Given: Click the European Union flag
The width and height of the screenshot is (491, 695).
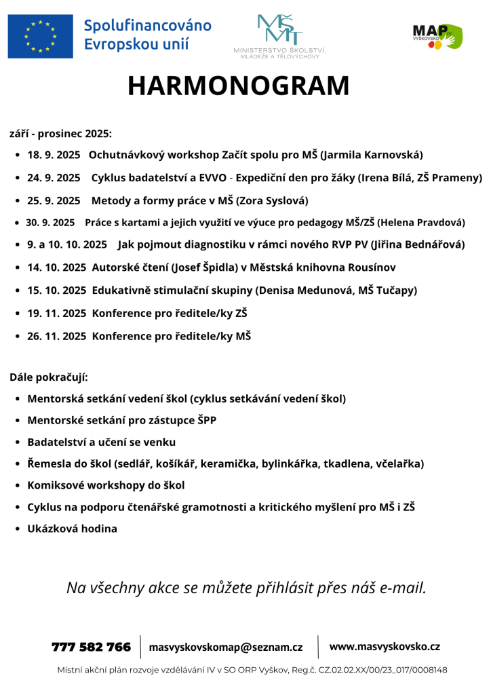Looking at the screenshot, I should pyautogui.click(x=41, y=36).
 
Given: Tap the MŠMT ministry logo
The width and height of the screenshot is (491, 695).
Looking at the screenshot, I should pyautogui.click(x=279, y=35).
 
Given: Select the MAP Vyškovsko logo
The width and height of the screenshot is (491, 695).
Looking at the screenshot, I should pyautogui.click(x=437, y=36).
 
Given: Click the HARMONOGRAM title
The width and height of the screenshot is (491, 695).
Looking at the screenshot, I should pyautogui.click(x=239, y=86).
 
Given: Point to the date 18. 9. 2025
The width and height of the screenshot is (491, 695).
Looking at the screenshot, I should pyautogui.click(x=54, y=155).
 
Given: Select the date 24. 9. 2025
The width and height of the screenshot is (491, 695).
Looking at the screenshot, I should pyautogui.click(x=54, y=178).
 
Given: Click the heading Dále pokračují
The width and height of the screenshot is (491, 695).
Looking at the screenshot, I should pyautogui.click(x=49, y=377).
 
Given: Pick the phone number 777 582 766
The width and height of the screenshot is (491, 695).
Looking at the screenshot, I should pyautogui.click(x=91, y=647).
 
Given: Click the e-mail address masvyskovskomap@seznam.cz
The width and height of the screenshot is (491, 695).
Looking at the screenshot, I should pyautogui.click(x=226, y=647).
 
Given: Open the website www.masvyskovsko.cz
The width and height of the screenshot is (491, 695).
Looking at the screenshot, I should pyautogui.click(x=385, y=647).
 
